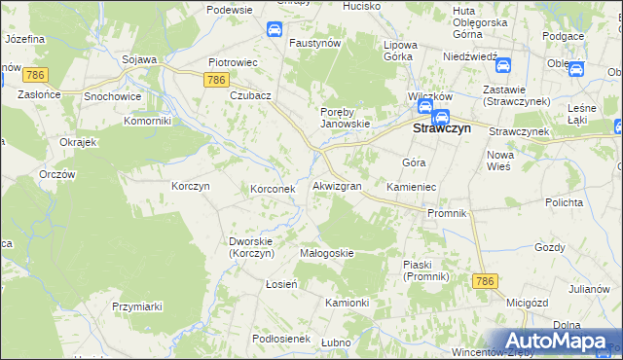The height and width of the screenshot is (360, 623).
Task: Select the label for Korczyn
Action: click(x=190, y=185)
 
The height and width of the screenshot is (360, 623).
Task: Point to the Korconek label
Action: click(x=273, y=189)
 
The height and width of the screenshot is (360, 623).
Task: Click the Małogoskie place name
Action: click(x=326, y=253)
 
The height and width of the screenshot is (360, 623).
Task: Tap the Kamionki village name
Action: click(x=347, y=303)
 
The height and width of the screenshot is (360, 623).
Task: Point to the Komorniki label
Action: click(x=148, y=122)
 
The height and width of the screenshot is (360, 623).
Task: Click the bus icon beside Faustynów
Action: click(x=275, y=29)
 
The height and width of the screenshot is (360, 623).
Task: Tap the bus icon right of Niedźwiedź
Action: click(x=503, y=66)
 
